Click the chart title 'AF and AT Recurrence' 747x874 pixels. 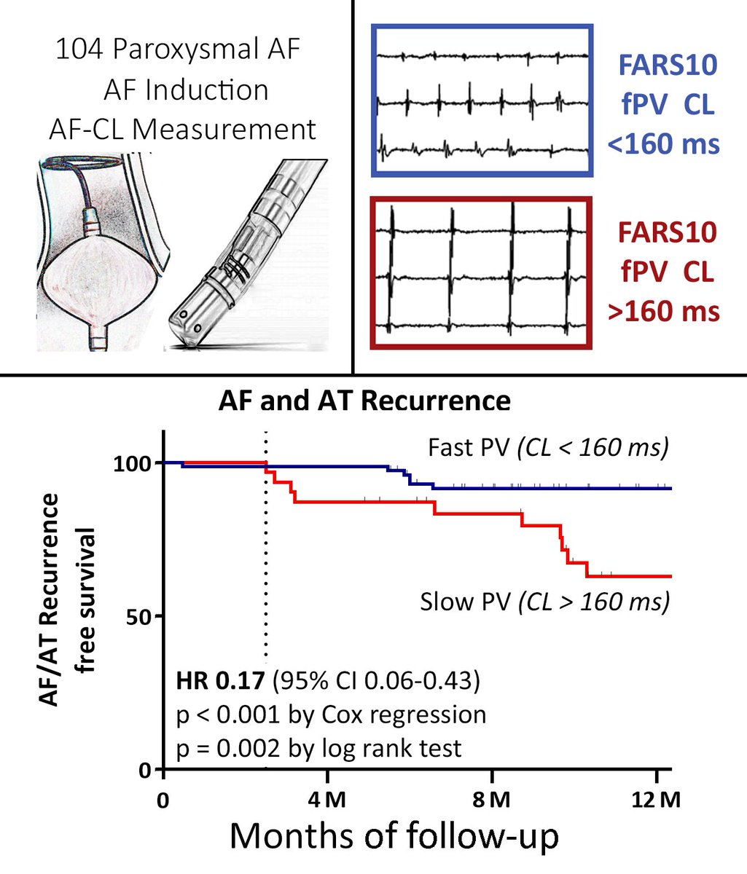(x=364, y=401)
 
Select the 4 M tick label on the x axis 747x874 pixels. (x=326, y=799)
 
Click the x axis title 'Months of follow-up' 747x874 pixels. (x=394, y=838)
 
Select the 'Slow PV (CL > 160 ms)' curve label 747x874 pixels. (x=545, y=602)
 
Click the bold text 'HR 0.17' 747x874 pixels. (x=220, y=682)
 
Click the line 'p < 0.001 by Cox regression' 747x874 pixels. (x=331, y=714)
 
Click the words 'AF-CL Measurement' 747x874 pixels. (x=182, y=130)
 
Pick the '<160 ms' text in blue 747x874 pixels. (x=664, y=142)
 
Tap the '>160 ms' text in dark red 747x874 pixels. (x=664, y=312)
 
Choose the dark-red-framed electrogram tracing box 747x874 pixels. (x=480, y=272)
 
